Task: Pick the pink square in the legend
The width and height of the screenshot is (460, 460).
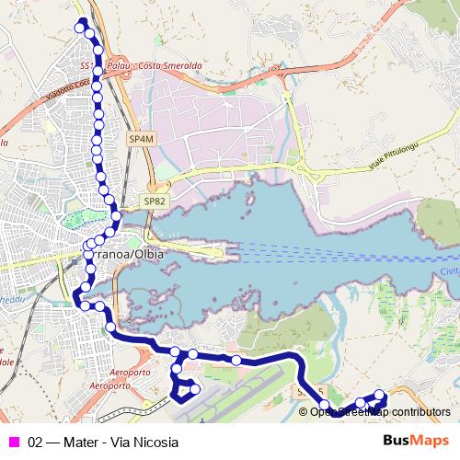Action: tap(13, 442)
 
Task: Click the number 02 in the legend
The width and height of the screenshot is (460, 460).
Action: tap(36, 442)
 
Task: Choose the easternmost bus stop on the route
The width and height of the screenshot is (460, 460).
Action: tap(379, 395)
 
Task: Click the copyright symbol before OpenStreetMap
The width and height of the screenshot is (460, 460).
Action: tap(304, 411)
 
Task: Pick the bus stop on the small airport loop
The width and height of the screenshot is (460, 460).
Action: tap(194, 389)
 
